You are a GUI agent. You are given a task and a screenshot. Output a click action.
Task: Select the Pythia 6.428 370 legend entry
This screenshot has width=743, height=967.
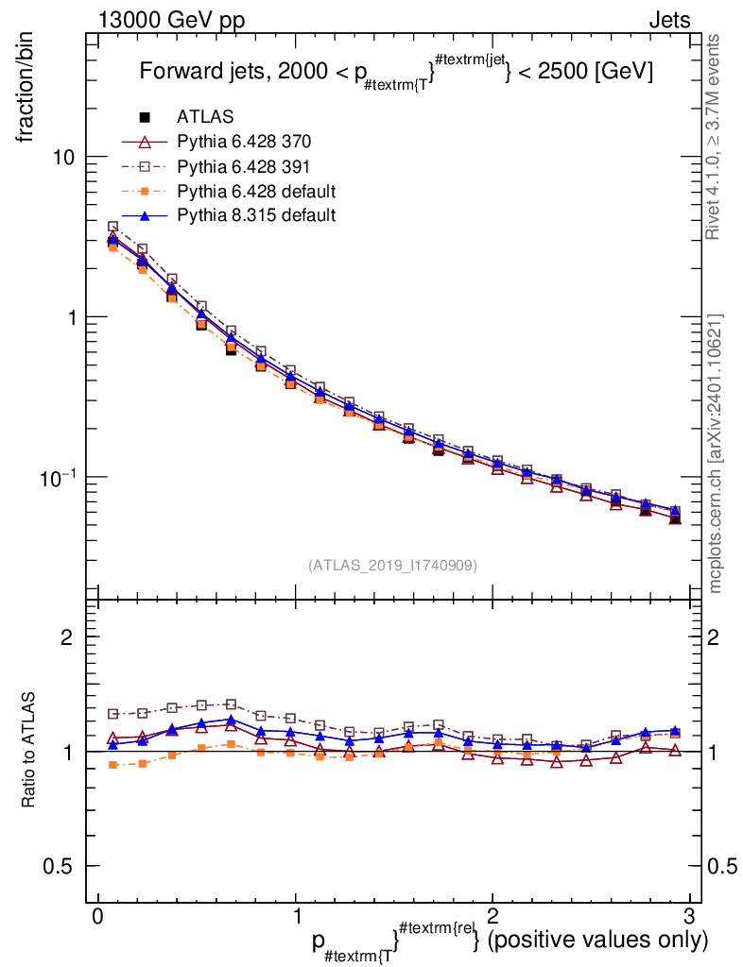[244, 142]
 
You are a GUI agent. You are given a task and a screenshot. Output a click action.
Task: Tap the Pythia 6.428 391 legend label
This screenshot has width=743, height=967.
[244, 166]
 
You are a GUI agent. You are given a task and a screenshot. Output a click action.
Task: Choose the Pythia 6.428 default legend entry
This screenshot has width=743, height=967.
[256, 191]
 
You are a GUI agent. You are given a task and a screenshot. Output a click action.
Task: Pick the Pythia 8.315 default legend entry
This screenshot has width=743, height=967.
[256, 215]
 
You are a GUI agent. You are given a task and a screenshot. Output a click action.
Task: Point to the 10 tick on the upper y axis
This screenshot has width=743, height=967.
[65, 157]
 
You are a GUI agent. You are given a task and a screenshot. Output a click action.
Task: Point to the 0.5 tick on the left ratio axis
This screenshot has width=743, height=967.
[60, 866]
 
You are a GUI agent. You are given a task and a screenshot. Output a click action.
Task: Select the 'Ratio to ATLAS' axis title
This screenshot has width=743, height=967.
[30, 751]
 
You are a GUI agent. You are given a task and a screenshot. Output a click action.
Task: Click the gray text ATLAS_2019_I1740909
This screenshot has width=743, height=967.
[392, 566]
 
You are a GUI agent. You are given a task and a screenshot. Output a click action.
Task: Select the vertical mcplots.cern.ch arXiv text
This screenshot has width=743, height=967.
[716, 453]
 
